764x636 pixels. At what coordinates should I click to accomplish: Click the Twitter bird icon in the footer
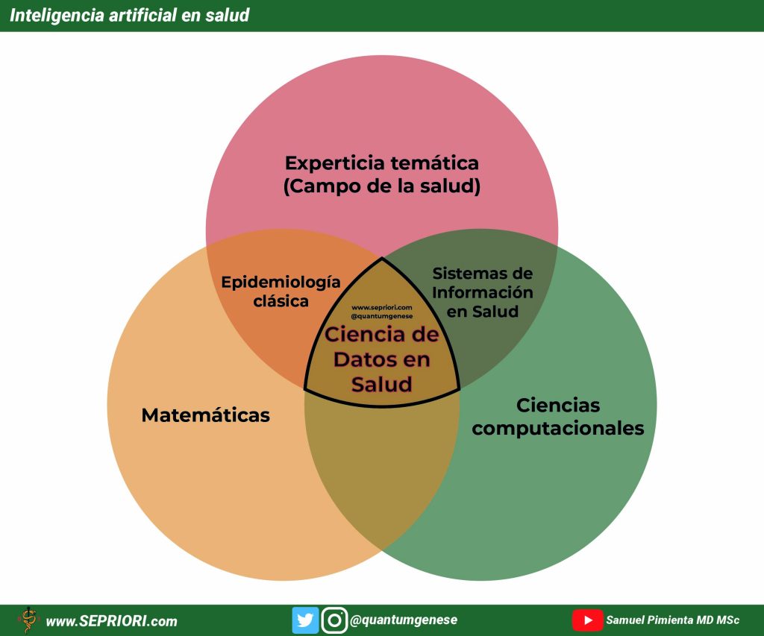pyautogui.click(x=305, y=620)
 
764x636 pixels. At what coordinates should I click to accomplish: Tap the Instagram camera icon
pyautogui.click(x=334, y=620)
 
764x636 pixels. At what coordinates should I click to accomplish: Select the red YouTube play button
pyautogui.click(x=587, y=620)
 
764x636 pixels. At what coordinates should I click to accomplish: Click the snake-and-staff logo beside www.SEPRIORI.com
pyautogui.click(x=28, y=620)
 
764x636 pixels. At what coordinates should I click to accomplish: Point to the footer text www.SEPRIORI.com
pyautogui.click(x=112, y=621)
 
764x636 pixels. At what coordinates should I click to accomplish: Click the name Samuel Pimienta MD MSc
pyautogui.click(x=672, y=620)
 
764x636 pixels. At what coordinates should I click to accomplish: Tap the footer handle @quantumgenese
pyautogui.click(x=404, y=620)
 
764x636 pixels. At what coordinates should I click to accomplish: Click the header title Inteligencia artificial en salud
pyautogui.click(x=130, y=15)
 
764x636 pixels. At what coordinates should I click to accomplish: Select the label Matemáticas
pyautogui.click(x=206, y=415)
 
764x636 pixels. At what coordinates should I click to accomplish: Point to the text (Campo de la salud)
pyautogui.click(x=382, y=186)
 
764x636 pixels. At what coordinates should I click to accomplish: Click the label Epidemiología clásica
pyautogui.click(x=281, y=292)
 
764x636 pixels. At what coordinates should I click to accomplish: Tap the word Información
pyautogui.click(x=483, y=292)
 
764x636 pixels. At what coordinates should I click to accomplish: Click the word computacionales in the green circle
pyautogui.click(x=558, y=429)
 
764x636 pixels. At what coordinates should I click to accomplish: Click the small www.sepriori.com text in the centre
pyautogui.click(x=382, y=307)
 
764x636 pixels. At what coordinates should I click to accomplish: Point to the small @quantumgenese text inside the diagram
pyautogui.click(x=382, y=316)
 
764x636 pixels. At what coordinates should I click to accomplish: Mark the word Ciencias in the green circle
pyautogui.click(x=558, y=405)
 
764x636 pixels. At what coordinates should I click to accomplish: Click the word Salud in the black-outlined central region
pyautogui.click(x=382, y=384)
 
